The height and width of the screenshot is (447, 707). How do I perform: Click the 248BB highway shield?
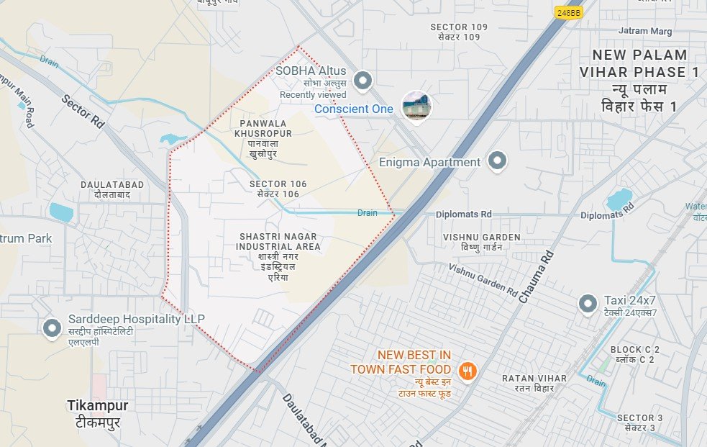coord(567,13)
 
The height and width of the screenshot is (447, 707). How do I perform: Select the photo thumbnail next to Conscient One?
coord(416,107)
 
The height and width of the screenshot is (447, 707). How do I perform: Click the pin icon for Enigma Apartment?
coord(496,161)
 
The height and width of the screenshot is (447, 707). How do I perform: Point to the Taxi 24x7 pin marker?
coord(588,304)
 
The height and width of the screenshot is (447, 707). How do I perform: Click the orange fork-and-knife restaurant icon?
coord(467,371)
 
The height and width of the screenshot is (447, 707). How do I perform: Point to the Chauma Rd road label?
coord(534,277)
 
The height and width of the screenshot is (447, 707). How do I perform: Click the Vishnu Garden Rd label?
coord(483,279)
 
